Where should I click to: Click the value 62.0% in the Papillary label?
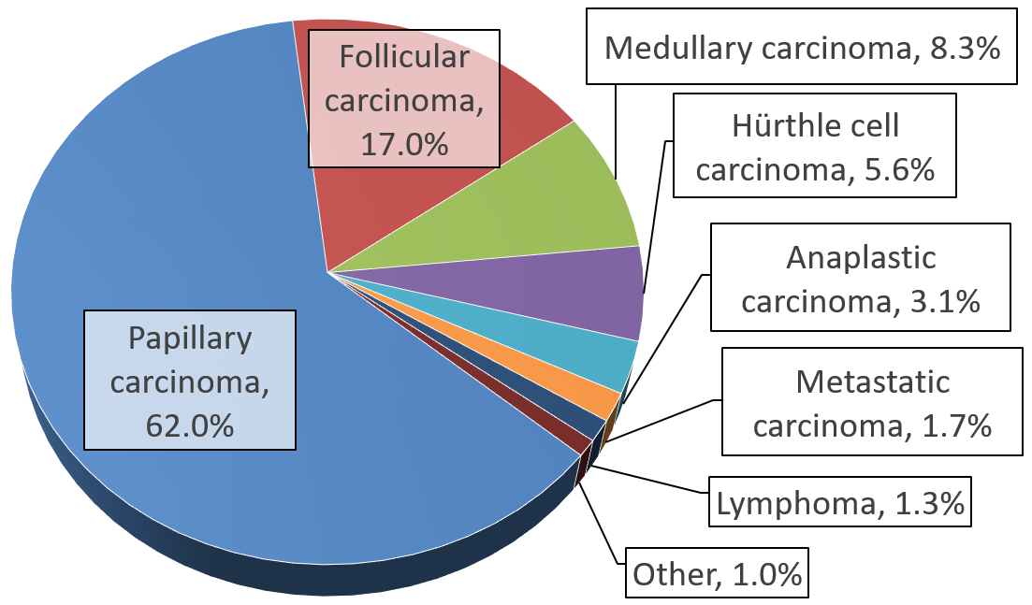pos(189,425)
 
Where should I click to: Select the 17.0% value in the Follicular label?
pos(404,145)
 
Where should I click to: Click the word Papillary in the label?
pos(190,338)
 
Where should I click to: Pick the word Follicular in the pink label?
pos(404,58)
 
